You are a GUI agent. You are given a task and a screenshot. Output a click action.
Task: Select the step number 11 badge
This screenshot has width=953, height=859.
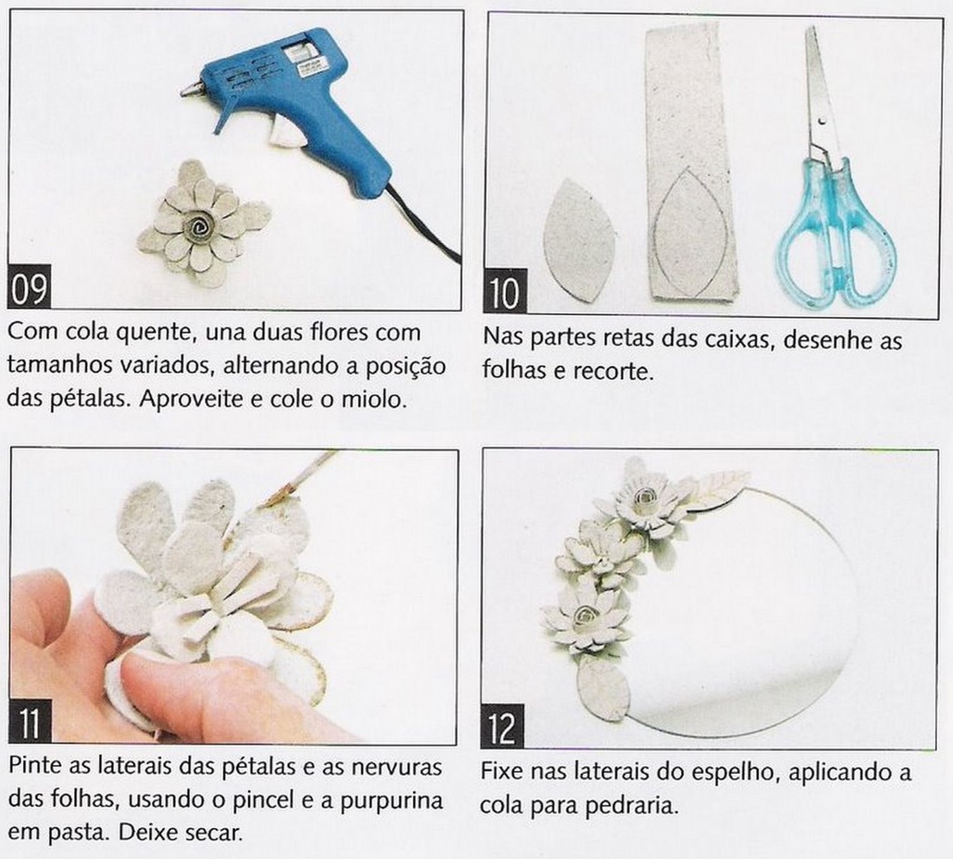[31, 721]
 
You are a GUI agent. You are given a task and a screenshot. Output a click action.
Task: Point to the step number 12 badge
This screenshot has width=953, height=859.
[502, 727]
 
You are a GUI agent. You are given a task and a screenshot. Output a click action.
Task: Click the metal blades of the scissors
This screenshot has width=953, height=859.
[820, 96]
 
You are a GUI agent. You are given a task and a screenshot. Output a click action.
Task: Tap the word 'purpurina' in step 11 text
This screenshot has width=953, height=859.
[391, 801]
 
